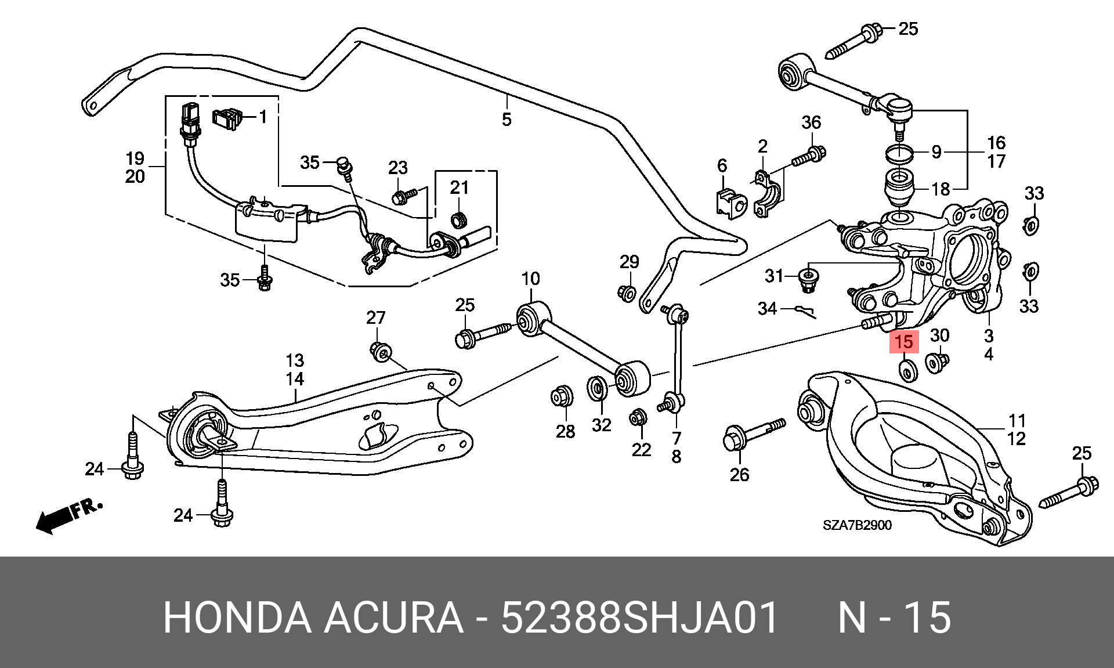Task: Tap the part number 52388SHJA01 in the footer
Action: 639,618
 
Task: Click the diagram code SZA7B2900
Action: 857,525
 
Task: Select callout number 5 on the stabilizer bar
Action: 507,120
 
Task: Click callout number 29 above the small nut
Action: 630,262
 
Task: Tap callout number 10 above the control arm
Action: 530,279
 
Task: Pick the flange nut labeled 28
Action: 562,396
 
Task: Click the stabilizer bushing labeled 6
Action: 730,203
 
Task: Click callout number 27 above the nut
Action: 375,317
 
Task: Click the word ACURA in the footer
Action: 393,618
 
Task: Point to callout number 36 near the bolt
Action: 811,122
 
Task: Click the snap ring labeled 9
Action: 899,153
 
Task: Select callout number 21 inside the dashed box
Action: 459,187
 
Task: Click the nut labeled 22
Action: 638,417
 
